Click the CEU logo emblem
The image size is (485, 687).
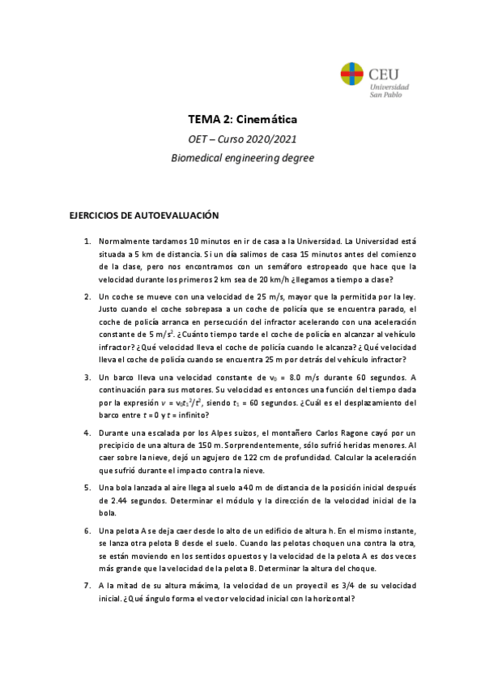pyautogui.click(x=353, y=76)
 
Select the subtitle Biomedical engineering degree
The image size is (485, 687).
pyautogui.click(x=242, y=158)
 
